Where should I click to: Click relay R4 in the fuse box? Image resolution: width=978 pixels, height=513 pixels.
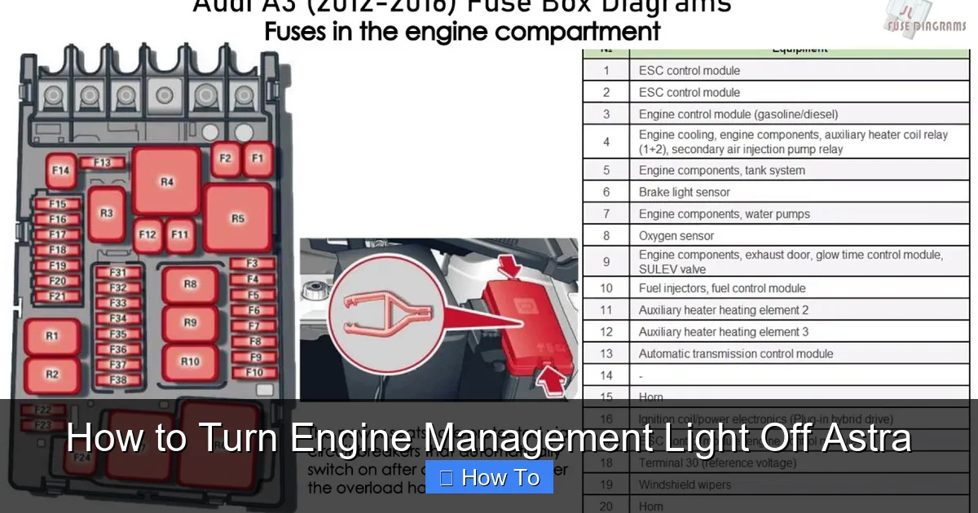pos(167,181)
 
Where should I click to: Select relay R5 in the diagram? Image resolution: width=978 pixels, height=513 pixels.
pos(237,217)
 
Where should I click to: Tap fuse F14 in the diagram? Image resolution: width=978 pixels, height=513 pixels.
pos(60,171)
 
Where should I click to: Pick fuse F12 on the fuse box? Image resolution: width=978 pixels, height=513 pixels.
pos(147,235)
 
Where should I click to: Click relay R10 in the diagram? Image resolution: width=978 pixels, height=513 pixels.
pos(190,362)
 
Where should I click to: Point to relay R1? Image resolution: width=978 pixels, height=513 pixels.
pos(52,335)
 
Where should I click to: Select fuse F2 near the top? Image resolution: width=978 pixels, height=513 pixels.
pos(226,159)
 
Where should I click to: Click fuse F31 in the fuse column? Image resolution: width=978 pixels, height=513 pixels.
pos(118,272)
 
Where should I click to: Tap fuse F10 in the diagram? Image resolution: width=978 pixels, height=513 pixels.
pos(254,373)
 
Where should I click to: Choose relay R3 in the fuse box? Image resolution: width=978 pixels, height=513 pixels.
pos(106,213)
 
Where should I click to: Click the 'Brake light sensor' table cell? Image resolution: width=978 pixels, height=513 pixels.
pos(685,192)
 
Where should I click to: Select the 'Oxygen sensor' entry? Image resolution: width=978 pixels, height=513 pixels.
pos(676,236)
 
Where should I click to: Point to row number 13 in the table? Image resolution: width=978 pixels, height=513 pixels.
pos(606,354)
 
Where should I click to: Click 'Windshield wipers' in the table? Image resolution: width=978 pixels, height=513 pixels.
pos(685,484)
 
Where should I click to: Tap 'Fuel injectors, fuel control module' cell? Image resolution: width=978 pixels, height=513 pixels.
pos(722,288)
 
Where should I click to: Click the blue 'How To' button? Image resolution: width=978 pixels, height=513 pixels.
pos(489,477)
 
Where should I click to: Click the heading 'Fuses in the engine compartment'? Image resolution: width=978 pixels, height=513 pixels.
pos(461,32)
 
